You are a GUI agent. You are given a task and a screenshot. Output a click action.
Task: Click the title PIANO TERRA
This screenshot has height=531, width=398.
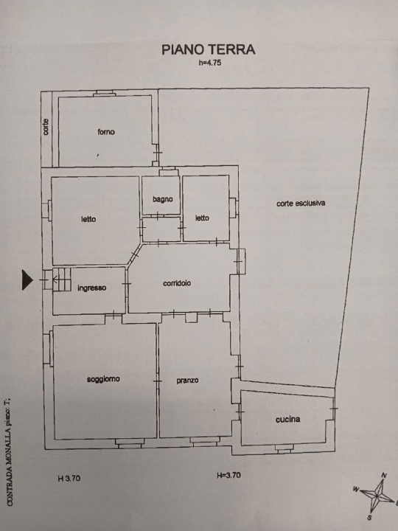(209, 49)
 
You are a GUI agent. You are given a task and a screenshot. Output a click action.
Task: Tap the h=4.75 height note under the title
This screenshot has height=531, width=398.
(210, 63)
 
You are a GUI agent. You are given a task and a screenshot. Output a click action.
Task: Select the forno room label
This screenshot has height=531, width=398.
(105, 132)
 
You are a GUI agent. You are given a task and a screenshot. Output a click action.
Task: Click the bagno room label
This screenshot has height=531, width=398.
(163, 199)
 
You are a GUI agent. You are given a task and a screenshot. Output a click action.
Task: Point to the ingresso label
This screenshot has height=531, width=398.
(92, 288)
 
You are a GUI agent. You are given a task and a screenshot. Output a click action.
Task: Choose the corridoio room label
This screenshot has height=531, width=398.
(177, 282)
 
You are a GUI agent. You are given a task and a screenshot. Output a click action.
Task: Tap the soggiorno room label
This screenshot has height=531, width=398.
(103, 379)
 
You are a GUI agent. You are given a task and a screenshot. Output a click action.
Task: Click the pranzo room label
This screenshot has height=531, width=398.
(187, 381)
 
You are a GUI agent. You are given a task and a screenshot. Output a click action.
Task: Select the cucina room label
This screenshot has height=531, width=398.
(287, 419)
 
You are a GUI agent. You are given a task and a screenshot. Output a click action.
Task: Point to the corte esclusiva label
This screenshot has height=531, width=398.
(301, 203)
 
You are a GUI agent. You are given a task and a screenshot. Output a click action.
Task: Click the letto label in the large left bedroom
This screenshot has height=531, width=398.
(88, 218)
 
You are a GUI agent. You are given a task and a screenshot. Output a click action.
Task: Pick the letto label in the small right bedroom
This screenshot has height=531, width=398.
(202, 218)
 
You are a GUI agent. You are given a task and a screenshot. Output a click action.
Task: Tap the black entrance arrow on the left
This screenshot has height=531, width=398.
(28, 280)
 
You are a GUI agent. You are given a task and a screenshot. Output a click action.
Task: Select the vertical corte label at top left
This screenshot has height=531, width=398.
(46, 127)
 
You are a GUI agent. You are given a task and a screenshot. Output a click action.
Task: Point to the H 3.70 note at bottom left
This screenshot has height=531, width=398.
(69, 478)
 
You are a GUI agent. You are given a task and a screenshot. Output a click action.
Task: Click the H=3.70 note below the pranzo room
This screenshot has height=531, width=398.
(228, 476)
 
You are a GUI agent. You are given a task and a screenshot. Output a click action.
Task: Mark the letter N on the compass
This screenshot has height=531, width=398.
(384, 475)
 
